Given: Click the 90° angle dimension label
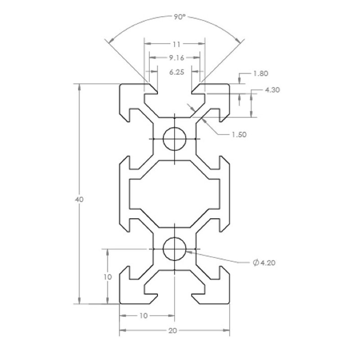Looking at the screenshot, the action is tap(179, 17).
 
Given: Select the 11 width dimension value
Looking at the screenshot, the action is tap(176, 44).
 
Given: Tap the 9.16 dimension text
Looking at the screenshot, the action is tap(176, 58).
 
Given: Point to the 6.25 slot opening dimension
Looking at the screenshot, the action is tap(176, 72).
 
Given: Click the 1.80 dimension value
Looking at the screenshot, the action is tap(261, 73).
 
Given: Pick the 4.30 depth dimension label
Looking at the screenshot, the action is tap(272, 90).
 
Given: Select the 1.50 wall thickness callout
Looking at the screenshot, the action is tap(239, 135).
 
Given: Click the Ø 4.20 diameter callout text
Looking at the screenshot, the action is tap(264, 262).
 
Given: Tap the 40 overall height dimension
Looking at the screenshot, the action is tap(79, 199).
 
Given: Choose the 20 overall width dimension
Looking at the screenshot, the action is tap(173, 331).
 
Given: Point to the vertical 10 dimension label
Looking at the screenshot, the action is tap(108, 277).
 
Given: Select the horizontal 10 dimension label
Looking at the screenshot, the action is tap(144, 316).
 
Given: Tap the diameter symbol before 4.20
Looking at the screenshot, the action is tap(256, 262).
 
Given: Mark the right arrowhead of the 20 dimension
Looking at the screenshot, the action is tap(226, 330).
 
